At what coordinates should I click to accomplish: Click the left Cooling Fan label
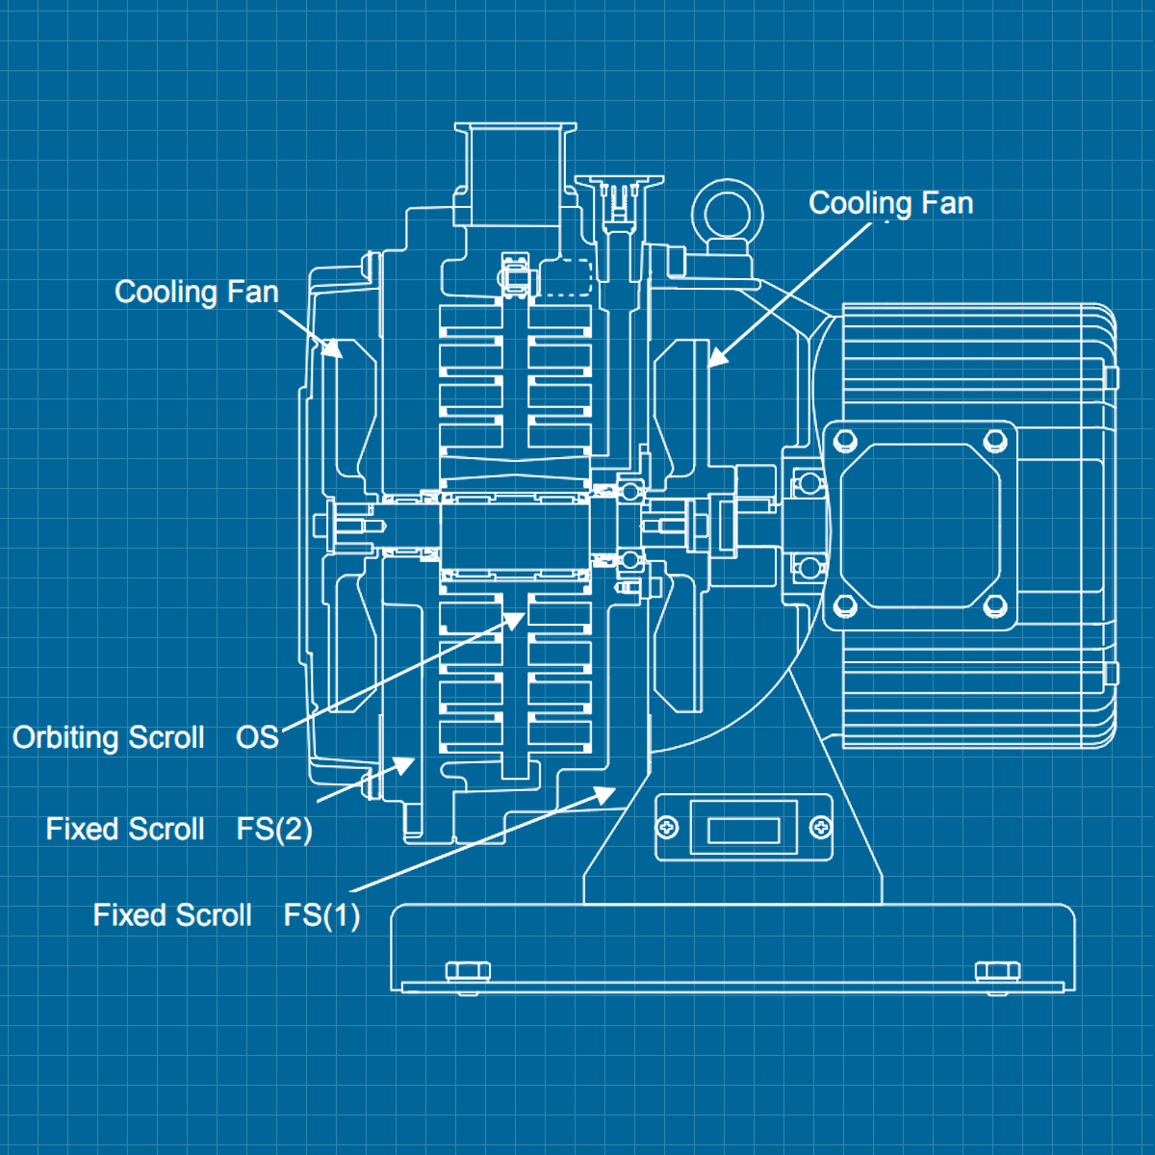pos(196,292)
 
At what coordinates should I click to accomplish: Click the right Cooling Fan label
pos(890,203)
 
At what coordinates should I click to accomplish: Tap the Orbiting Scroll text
pos(108,737)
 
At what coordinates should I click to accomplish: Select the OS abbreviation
pos(257,737)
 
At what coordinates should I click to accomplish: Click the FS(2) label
pos(274,829)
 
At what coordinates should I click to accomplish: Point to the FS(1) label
pos(321,914)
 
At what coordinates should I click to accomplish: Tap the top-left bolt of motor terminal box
pos(845,441)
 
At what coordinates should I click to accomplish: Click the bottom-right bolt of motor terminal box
pos(995,606)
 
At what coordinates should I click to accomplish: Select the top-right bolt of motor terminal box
pos(995,441)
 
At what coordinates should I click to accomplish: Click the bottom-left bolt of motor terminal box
pos(845,606)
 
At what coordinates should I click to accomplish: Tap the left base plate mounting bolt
pos(468,971)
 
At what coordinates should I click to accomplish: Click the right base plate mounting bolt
pos(998,971)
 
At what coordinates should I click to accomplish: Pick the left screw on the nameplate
pos(667,828)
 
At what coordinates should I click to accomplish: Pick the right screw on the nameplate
pos(820,828)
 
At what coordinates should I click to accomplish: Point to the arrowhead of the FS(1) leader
pos(607,792)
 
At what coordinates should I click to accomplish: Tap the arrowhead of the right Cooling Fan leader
pos(716,359)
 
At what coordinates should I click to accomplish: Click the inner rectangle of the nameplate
pos(743,829)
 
